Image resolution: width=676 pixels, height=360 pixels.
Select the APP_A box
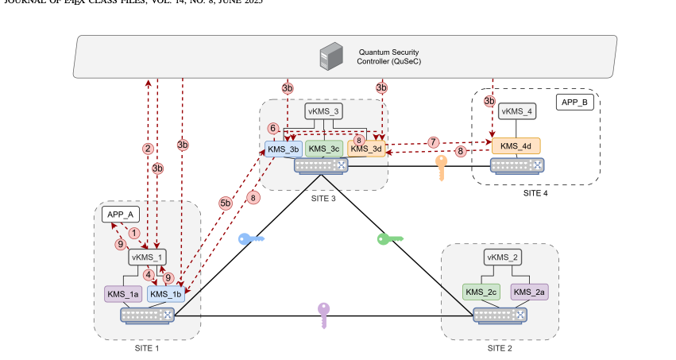121,215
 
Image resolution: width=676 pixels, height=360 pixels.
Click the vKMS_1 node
147,257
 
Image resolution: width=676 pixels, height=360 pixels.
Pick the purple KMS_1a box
123,294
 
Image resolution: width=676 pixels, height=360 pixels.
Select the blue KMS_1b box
167,294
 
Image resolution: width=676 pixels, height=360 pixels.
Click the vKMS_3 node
324,111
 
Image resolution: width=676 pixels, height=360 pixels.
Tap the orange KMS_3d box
366,149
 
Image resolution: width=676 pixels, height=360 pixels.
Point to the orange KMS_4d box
516,145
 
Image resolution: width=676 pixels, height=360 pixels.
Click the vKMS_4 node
517,110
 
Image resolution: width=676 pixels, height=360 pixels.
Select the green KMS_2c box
481,292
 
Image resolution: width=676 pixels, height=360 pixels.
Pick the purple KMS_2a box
529,292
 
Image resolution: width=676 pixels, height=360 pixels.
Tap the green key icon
390,238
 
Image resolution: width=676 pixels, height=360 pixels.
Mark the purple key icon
323,315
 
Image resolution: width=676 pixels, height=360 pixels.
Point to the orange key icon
442,168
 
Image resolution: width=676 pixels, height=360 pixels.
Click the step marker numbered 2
147,148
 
